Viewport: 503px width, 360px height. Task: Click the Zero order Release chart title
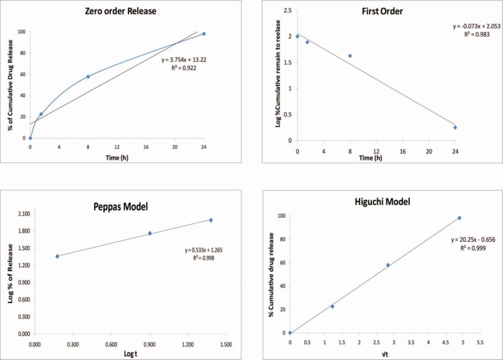(x=121, y=11)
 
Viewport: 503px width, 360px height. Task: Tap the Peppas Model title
(x=121, y=207)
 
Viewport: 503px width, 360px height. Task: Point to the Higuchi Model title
(x=383, y=202)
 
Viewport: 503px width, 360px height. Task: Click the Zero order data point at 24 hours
(x=204, y=34)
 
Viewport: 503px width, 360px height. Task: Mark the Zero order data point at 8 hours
(x=88, y=77)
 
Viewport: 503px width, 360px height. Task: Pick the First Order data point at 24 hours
(x=455, y=127)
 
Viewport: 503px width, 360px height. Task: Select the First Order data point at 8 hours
(x=350, y=56)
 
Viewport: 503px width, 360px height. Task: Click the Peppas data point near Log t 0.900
(x=150, y=233)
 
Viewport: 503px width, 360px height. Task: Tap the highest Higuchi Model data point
(x=459, y=218)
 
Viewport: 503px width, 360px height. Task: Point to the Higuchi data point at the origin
(x=290, y=333)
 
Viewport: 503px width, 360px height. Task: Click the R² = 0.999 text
(x=474, y=248)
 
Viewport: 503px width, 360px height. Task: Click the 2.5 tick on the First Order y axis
(x=287, y=10)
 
